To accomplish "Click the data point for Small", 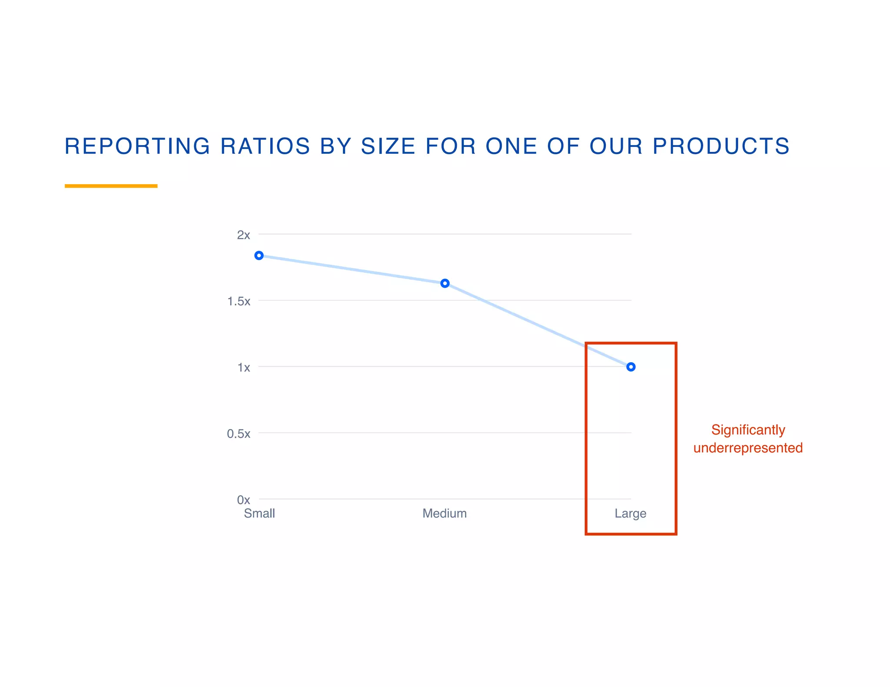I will tap(259, 255).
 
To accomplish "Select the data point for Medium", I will tap(445, 283).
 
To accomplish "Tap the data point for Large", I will tap(631, 367).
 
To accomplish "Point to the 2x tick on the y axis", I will tap(243, 235).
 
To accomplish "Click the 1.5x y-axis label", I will tap(239, 301).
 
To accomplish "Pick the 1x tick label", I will tap(243, 367).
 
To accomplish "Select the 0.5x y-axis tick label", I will tap(239, 433).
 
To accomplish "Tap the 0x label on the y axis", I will tap(243, 500).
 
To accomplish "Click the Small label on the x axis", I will tap(259, 513).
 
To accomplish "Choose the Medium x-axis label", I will tap(445, 513).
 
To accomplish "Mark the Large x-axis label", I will tap(630, 513).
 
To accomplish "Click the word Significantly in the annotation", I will tap(748, 430).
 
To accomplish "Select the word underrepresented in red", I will tap(748, 448).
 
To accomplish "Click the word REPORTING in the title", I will tap(137, 146).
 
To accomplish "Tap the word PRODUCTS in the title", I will tap(721, 146).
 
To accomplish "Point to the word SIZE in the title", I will tap(388, 146).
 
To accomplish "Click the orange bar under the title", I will tap(111, 186).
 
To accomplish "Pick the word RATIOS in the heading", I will tap(265, 146).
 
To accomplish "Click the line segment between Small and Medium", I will tap(352, 269).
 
